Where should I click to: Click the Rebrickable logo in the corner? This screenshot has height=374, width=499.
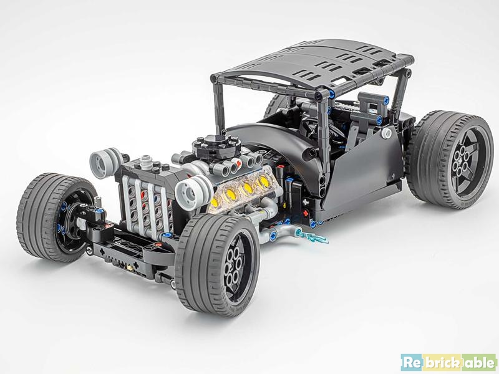(448, 362)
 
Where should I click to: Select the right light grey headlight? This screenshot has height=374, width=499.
(193, 190)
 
